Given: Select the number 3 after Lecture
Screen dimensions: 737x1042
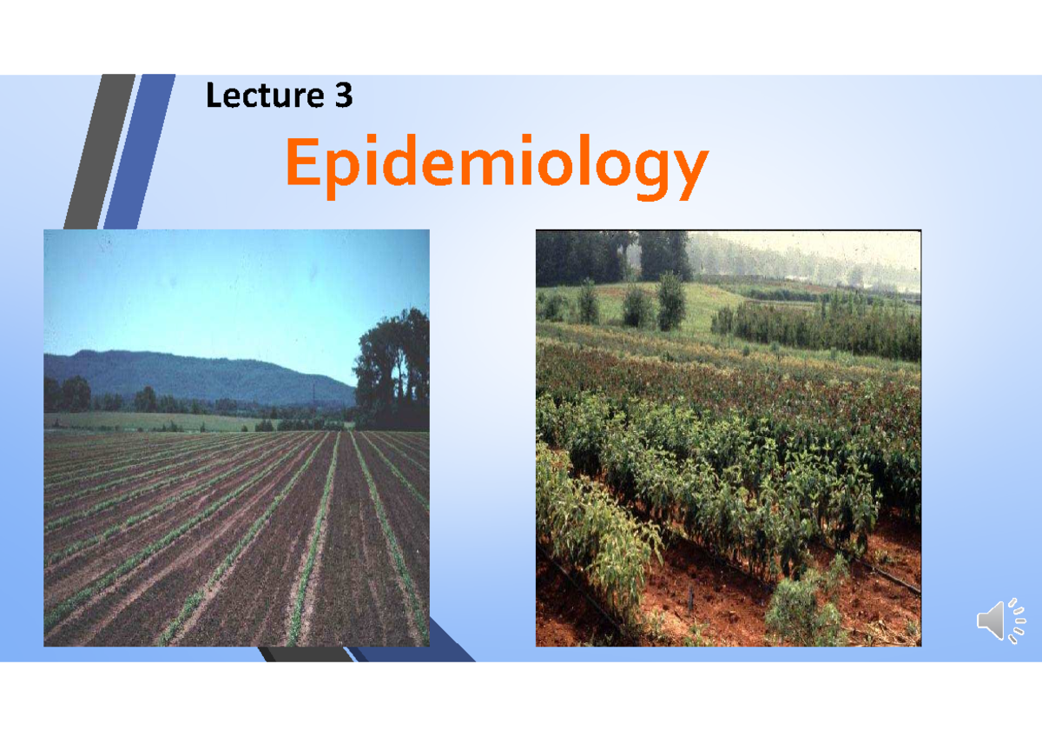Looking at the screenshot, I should point(344,96).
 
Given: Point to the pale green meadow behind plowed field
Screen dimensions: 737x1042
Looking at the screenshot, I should point(156,422).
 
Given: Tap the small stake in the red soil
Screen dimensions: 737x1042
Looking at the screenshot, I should point(691,598).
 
